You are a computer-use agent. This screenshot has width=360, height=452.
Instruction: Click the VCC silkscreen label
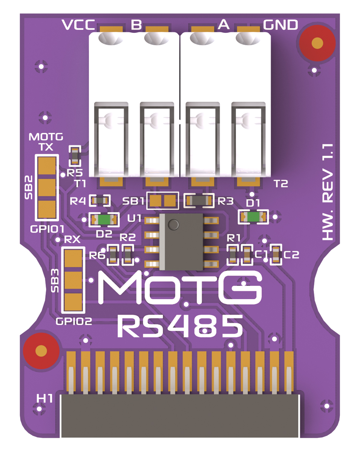pyautogui.click(x=78, y=25)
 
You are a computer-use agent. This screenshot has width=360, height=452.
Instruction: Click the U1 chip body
pyautogui.click(x=181, y=241)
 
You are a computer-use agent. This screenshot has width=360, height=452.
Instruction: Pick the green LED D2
pyautogui.click(x=103, y=220)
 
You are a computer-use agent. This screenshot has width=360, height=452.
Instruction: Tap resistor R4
pyautogui.click(x=100, y=201)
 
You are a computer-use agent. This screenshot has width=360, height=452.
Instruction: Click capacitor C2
pyautogui.click(x=276, y=254)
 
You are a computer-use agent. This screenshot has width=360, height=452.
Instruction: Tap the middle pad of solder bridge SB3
pyautogui.click(x=73, y=280)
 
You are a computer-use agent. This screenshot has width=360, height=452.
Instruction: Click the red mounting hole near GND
pyautogui.click(x=317, y=43)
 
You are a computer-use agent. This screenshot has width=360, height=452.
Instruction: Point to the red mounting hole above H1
pyautogui.click(x=41, y=351)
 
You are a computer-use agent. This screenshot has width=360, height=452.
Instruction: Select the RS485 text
pyautogui.click(x=180, y=326)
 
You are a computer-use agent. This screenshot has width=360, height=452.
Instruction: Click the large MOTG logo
pyautogui.click(x=180, y=288)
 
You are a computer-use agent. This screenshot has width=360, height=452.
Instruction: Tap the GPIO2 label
pyautogui.click(x=74, y=321)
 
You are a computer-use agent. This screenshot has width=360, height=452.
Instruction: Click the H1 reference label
pyautogui.click(x=44, y=398)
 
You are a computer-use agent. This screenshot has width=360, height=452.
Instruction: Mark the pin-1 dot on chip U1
pyautogui.click(x=173, y=225)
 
